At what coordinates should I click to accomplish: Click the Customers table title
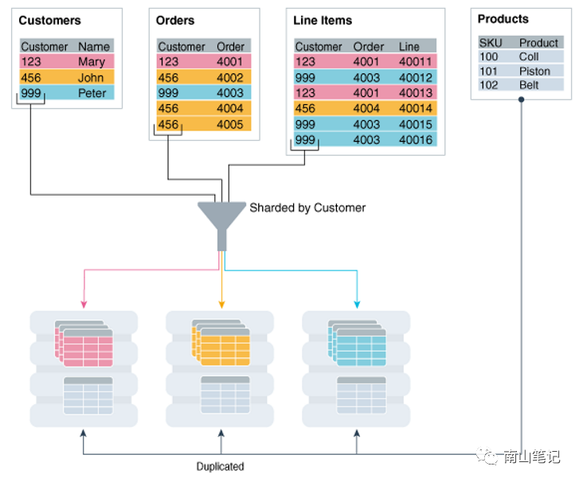point(49,20)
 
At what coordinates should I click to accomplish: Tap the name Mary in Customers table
point(92,61)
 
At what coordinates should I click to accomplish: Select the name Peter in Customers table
point(92,93)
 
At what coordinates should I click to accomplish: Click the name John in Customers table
point(91,77)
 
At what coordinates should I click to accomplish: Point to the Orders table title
point(175,20)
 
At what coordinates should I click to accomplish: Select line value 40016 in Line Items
point(415,140)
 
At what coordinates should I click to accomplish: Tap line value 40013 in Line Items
point(415,93)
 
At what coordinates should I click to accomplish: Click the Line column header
point(409,46)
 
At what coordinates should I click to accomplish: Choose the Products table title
point(503,18)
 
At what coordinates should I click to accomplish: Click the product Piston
point(534,71)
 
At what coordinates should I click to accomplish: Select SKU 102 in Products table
point(488,85)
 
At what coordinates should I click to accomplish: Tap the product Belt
point(529,85)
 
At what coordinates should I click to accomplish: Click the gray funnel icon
point(221,218)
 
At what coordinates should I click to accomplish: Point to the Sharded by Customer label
point(307,208)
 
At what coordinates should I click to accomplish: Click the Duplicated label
point(220,467)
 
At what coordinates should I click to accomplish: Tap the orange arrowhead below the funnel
point(221,304)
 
